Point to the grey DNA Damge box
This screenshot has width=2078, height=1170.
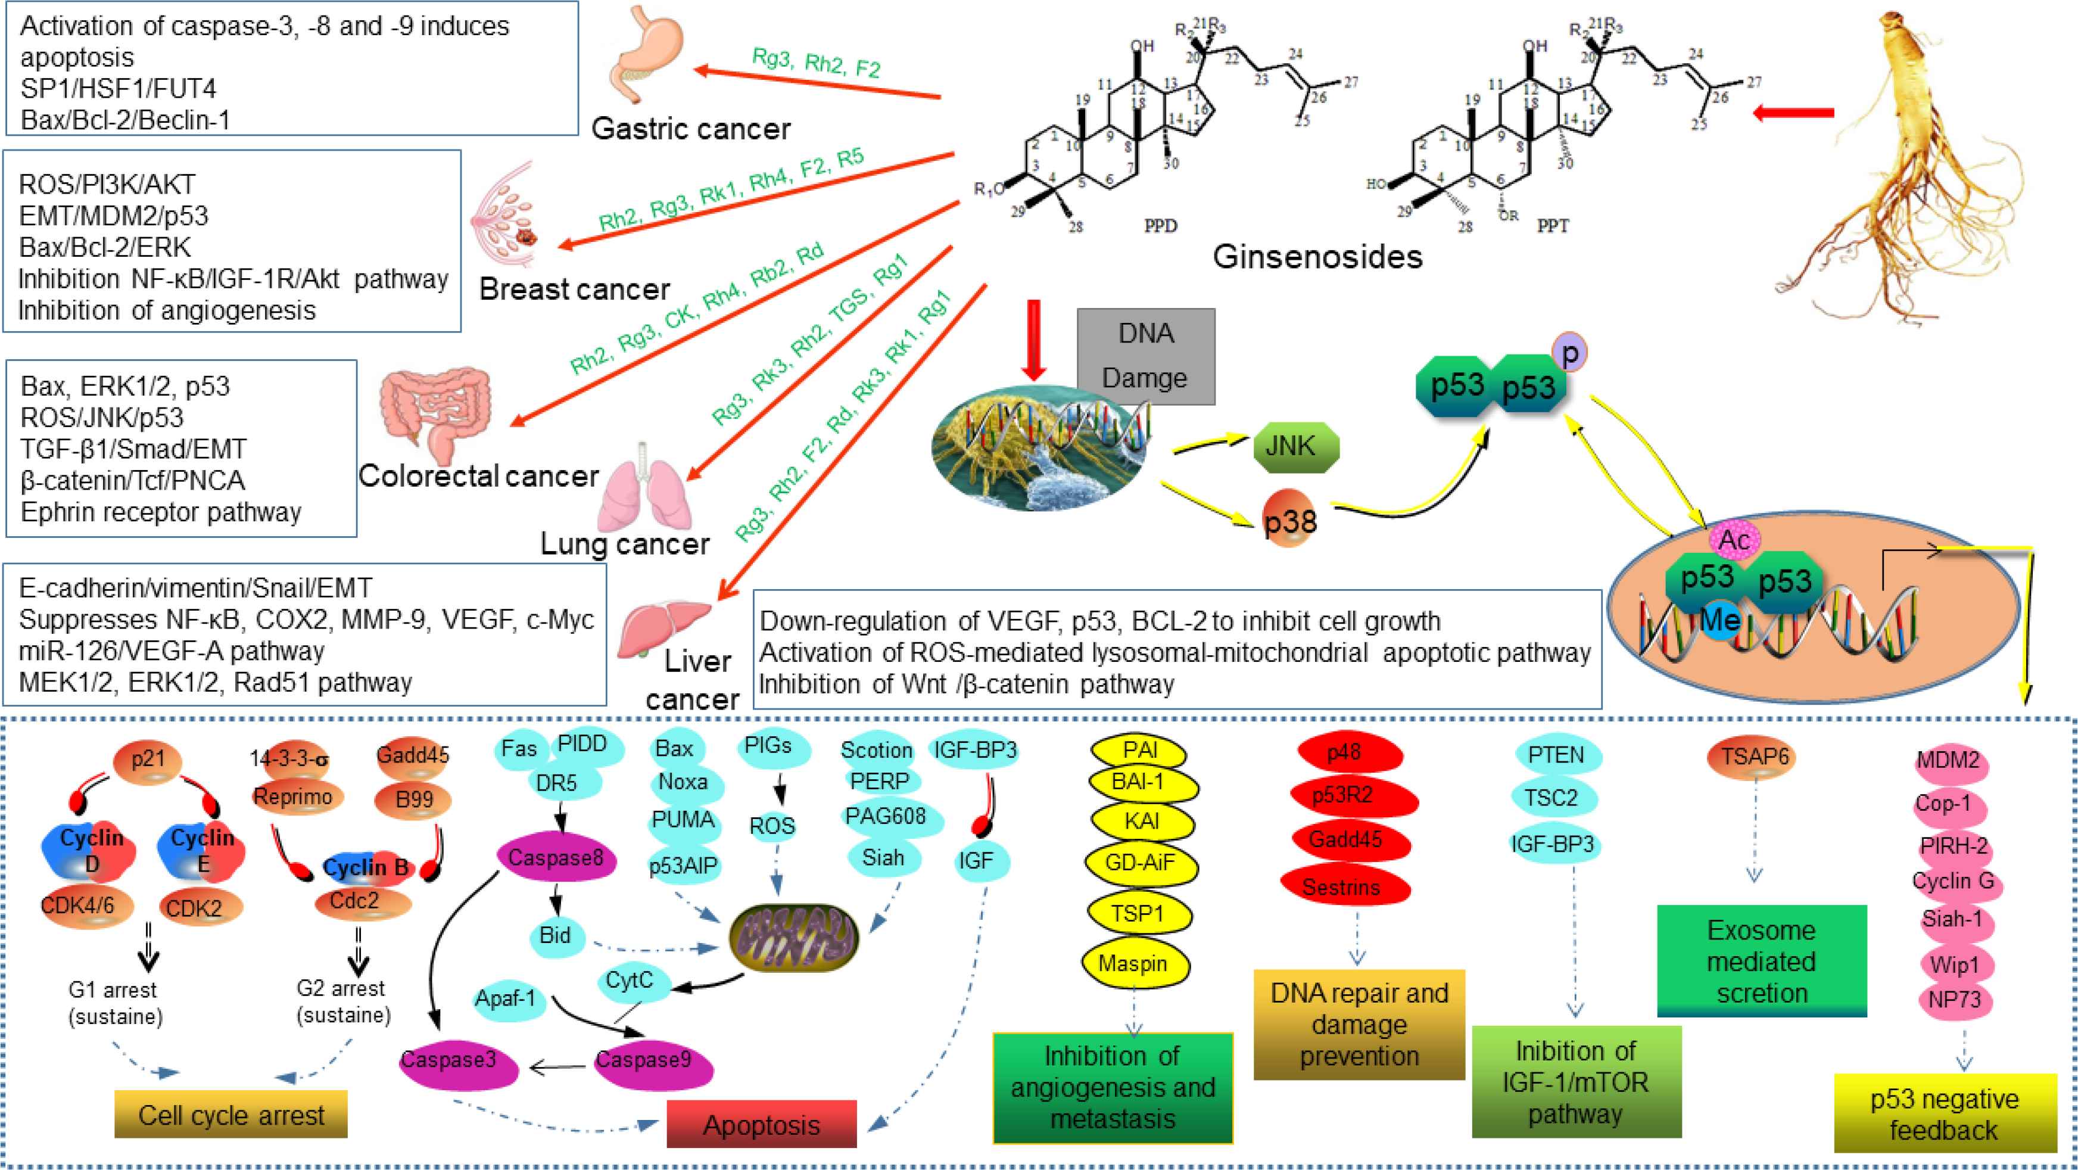[x=1145, y=356]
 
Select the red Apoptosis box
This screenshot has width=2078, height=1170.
[x=761, y=1124]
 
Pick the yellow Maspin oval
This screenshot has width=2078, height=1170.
[x=1133, y=963]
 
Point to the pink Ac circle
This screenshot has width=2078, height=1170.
[x=1734, y=540]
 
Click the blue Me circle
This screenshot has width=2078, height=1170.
[x=1720, y=620]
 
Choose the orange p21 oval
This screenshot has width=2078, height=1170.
[x=148, y=761]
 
